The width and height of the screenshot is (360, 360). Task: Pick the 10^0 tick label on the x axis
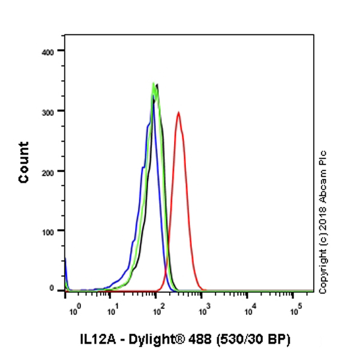pyautogui.click(x=75, y=310)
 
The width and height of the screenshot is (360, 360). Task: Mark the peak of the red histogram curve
pyautogui.click(x=178, y=112)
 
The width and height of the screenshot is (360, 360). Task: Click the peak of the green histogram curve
pyautogui.click(x=154, y=83)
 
